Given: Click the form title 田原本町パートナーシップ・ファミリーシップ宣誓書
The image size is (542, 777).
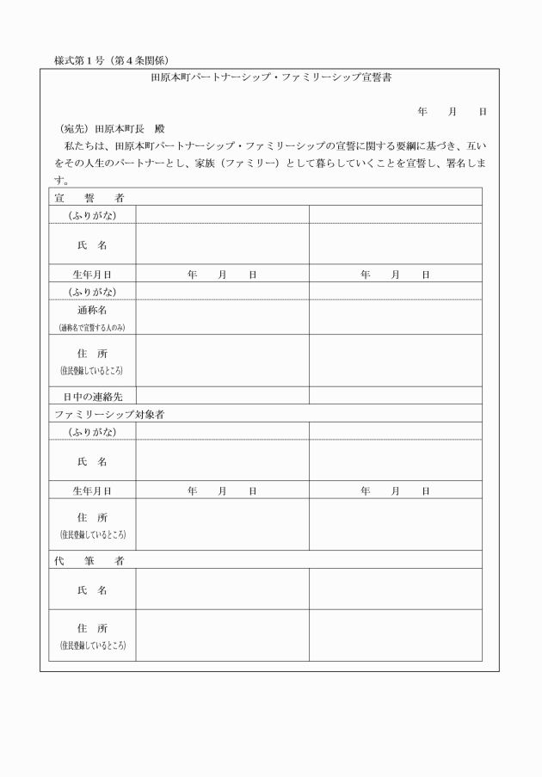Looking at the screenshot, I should (271, 77).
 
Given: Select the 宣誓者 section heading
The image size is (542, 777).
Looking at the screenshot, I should (89, 197).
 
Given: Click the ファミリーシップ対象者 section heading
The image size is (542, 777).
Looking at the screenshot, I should (109, 414).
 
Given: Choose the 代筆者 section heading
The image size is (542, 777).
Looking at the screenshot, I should (89, 560).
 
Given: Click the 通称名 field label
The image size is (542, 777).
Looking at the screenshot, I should (92, 310).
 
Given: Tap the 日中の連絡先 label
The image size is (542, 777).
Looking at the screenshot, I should (92, 397).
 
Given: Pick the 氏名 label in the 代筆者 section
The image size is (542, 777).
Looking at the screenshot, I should (92, 590).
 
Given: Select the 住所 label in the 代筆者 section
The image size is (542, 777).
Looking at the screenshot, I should (92, 629).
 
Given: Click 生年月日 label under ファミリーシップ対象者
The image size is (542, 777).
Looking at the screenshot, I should (92, 490).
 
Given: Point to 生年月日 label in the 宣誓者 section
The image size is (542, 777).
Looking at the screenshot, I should (92, 274).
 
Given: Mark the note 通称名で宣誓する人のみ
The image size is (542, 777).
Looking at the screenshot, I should (92, 328).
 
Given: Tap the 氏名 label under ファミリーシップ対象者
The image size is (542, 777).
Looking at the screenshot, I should (92, 461).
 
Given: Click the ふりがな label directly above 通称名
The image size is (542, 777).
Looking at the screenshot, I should (92, 292).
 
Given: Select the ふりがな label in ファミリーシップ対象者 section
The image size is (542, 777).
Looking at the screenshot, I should (92, 431).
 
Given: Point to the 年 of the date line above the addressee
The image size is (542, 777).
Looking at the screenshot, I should (422, 112).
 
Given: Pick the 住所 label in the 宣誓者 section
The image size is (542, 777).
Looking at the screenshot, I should (92, 354).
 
